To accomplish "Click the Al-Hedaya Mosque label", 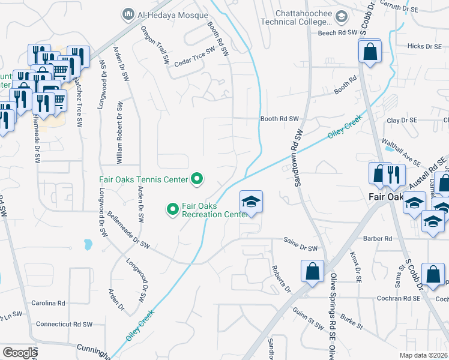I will coord(160,13).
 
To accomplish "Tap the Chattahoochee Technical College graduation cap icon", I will coord(342,16).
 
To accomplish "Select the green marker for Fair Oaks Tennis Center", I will coord(196,178).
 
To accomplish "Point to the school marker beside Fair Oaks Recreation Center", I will coord(252,202).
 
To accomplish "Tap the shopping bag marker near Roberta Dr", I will coord(313,271).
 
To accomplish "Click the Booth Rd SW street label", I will coord(279,119).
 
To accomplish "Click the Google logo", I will coord(20,353).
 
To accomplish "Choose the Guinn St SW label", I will coord(308,315).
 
